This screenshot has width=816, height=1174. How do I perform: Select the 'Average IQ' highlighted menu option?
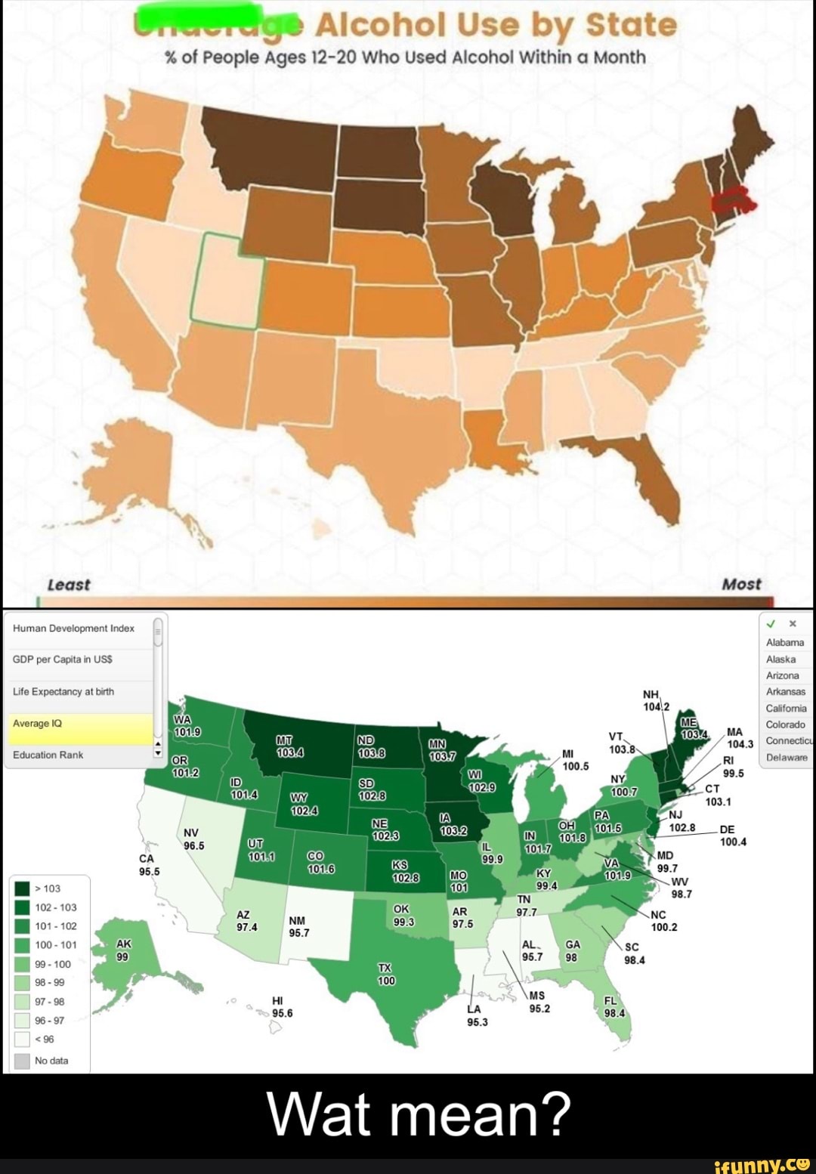coord(79,724)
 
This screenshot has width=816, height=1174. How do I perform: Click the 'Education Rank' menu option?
coord(79,755)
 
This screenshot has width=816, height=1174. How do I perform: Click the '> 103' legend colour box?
coord(22,888)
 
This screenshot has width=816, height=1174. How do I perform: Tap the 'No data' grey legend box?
coord(22,1061)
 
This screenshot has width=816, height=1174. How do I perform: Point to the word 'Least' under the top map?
coord(68,585)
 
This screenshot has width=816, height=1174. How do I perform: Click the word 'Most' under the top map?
coord(741,585)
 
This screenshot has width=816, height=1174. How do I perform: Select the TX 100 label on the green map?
coord(386,975)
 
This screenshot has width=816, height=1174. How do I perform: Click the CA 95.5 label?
coord(149,865)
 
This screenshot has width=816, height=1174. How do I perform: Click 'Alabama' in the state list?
coord(785,643)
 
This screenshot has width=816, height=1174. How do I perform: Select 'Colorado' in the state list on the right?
coord(786,724)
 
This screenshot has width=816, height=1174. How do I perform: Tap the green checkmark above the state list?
coord(771,624)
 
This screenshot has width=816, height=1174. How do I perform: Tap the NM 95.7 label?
coord(298,927)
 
